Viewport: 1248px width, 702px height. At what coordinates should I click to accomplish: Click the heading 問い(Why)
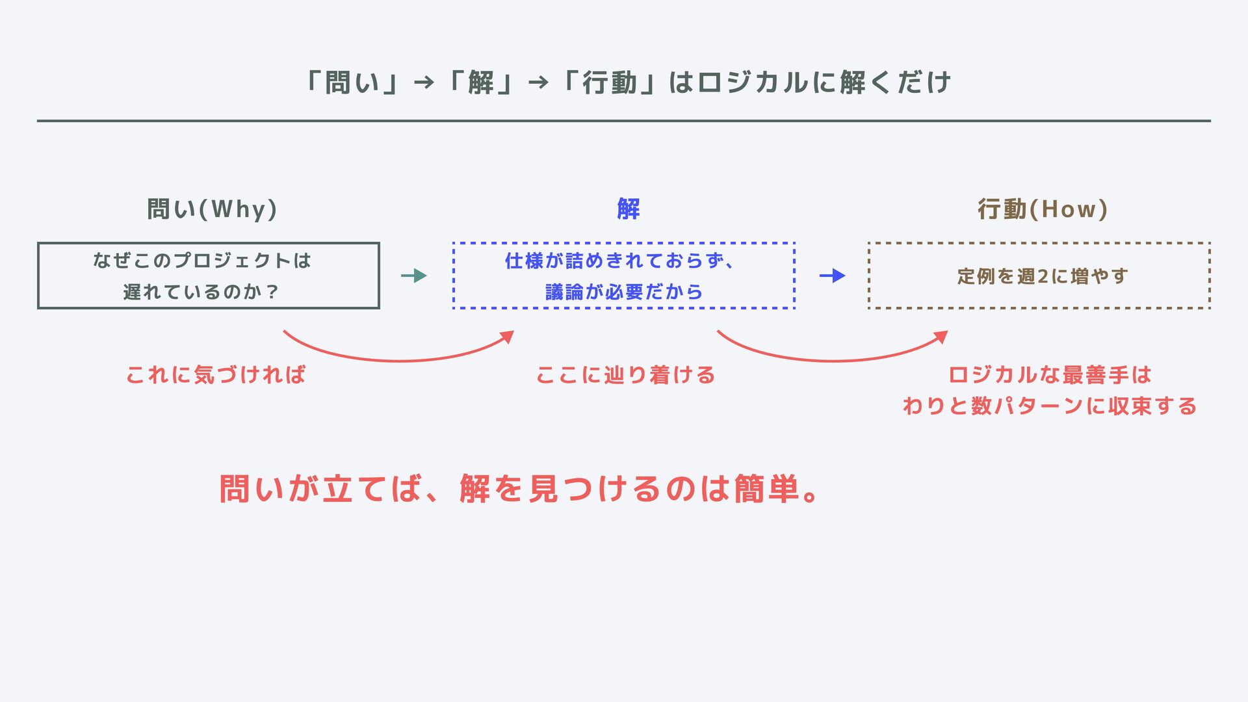pyautogui.click(x=212, y=209)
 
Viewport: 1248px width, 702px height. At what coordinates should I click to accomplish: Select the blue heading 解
pyautogui.click(x=628, y=209)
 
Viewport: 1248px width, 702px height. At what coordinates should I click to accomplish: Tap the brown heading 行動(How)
pyautogui.click(x=1043, y=209)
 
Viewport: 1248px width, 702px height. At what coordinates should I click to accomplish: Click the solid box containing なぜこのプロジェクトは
pyautogui.click(x=208, y=276)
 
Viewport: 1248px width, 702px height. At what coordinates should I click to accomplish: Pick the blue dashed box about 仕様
pyautogui.click(x=623, y=276)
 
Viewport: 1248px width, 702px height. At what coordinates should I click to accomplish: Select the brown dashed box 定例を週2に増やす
pyautogui.click(x=1039, y=276)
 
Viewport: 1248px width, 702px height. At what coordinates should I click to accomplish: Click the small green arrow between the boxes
pyautogui.click(x=413, y=276)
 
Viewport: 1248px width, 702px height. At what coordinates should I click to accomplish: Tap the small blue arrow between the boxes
pyautogui.click(x=832, y=276)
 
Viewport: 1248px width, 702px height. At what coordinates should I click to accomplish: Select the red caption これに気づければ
pyautogui.click(x=215, y=375)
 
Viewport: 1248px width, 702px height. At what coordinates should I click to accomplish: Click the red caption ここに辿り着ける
pyautogui.click(x=625, y=375)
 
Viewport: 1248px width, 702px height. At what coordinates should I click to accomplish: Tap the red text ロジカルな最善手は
pyautogui.click(x=1049, y=375)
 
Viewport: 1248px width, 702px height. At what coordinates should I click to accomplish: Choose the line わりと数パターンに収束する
pyautogui.click(x=1049, y=406)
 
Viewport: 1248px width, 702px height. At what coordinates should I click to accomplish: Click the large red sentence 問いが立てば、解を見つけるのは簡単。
pyautogui.click(x=519, y=489)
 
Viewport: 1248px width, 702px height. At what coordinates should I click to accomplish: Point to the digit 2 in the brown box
pyautogui.click(x=1042, y=276)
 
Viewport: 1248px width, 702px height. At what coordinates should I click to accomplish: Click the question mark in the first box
pyautogui.click(x=272, y=292)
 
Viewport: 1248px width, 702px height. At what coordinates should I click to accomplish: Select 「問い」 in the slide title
pyautogui.click(x=352, y=83)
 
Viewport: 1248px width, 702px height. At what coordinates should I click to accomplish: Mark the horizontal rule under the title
pyautogui.click(x=623, y=121)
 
